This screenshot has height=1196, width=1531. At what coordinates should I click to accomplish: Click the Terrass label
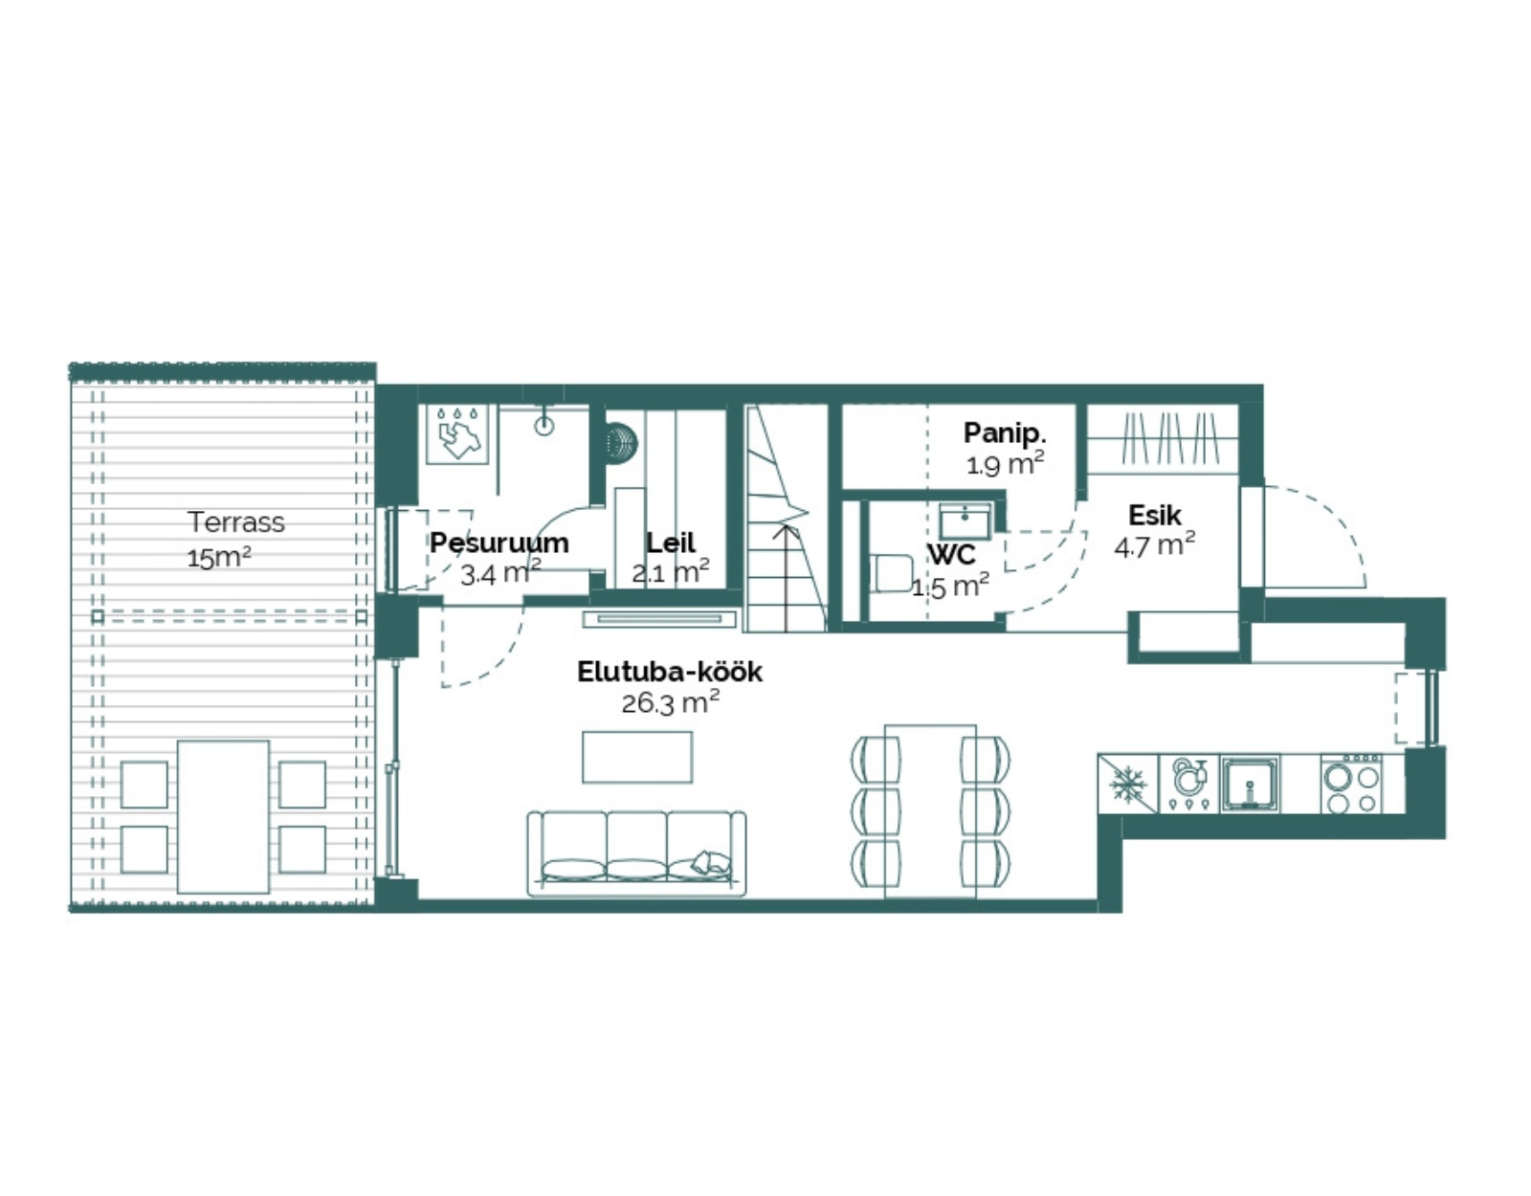[236, 522]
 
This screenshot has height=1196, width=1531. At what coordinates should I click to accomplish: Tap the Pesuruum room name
[499, 543]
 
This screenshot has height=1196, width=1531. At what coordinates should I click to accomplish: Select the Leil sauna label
[671, 543]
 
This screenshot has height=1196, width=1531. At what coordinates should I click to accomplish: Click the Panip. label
[1005, 433]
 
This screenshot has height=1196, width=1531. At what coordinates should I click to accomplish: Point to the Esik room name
[1155, 516]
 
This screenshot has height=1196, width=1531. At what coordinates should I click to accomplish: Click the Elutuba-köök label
[669, 672]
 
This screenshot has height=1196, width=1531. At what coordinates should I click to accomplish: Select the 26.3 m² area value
[670, 702]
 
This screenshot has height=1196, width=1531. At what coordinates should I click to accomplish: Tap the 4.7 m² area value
[1155, 545]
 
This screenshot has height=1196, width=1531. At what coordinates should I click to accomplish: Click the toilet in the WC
[892, 572]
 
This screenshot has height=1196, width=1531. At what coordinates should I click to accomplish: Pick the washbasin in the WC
[965, 521]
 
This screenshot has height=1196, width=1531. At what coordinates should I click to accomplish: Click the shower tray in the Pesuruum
[458, 433]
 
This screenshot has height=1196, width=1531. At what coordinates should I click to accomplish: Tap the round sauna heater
[620, 443]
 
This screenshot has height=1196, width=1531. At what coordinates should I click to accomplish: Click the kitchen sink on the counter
[1250, 785]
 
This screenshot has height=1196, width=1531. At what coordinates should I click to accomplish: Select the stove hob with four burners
[1351, 785]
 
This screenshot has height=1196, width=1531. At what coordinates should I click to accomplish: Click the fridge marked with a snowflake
[1127, 784]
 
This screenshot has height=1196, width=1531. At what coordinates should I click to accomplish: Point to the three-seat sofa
[636, 853]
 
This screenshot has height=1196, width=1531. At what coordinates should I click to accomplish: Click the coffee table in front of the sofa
[637, 757]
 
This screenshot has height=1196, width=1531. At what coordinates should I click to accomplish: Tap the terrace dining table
[223, 816]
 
